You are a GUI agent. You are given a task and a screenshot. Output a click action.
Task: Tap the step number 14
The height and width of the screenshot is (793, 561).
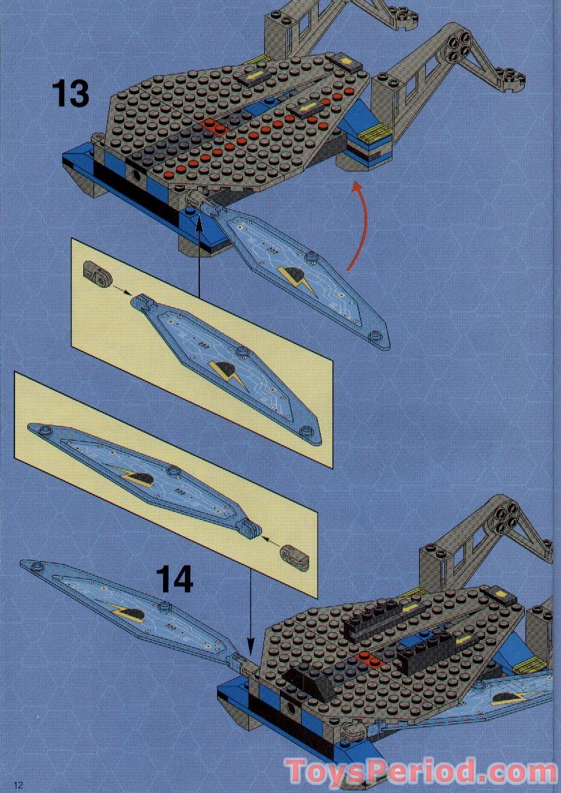click(175, 579)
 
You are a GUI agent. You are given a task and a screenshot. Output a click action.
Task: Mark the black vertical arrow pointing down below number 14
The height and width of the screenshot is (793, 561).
click(250, 607)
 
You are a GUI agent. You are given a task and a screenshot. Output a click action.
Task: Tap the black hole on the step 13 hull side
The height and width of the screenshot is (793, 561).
click(139, 177)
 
